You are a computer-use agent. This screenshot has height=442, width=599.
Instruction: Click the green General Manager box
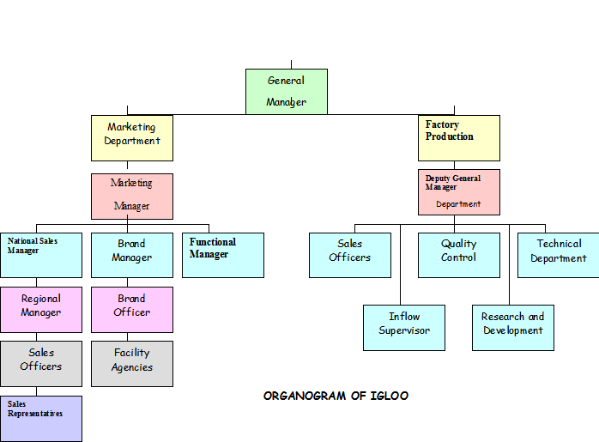(287, 92)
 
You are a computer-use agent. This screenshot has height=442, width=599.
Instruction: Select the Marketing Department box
(132, 138)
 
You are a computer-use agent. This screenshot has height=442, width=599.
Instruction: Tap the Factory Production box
(459, 138)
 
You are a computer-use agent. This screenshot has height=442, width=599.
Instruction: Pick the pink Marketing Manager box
(132, 196)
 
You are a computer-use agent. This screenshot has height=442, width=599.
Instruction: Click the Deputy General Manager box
(459, 191)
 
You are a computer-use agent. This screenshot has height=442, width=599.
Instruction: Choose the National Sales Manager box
(41, 255)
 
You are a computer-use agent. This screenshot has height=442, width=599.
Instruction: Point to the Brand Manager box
(132, 255)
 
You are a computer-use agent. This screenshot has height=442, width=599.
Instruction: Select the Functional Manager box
(223, 255)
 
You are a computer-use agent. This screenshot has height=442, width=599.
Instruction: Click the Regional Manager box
(41, 309)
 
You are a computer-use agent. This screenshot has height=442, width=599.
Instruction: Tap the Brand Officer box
(132, 309)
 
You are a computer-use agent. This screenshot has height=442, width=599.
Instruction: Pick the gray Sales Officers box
(41, 363)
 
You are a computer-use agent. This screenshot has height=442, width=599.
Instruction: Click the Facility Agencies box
(132, 363)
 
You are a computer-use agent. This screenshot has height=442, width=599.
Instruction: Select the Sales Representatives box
(41, 418)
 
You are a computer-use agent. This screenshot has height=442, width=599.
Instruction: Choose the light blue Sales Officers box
(350, 255)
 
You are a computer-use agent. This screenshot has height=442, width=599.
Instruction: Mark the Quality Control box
(459, 255)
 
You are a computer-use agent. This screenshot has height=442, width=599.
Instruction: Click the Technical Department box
(558, 255)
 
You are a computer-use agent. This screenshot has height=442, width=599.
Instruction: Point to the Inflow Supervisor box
(404, 327)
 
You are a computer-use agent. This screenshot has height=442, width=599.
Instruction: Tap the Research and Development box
(513, 327)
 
